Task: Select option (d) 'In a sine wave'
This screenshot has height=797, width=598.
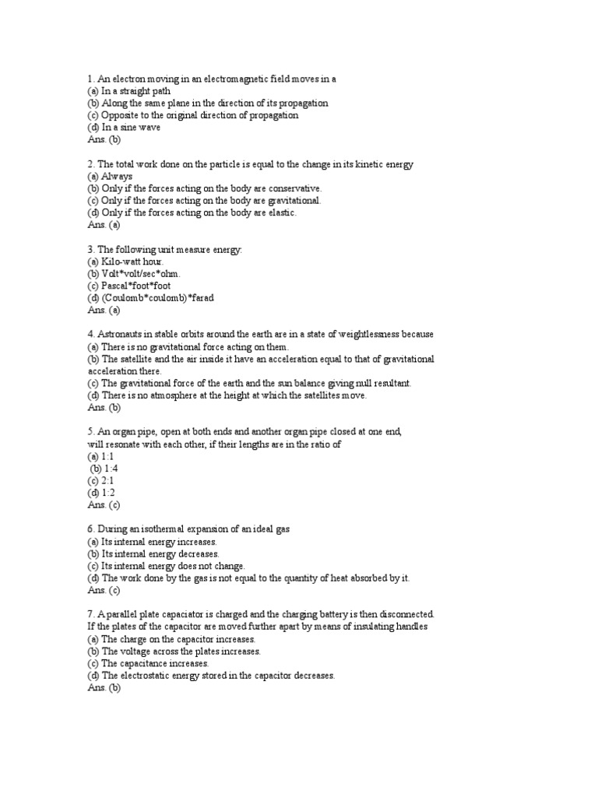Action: [125, 128]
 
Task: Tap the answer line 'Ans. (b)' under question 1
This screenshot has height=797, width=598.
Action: [105, 140]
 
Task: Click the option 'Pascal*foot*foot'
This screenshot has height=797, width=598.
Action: [135, 286]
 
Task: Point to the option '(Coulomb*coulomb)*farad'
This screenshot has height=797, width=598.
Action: [151, 298]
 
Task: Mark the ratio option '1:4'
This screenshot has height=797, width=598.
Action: [102, 469]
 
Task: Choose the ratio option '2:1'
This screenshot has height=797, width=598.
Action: [101, 480]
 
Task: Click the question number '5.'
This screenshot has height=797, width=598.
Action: [91, 431]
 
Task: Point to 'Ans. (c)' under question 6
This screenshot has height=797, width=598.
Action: [104, 590]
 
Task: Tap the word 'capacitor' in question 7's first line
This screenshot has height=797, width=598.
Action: [185, 614]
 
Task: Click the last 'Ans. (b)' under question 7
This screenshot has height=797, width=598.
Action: [105, 687]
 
